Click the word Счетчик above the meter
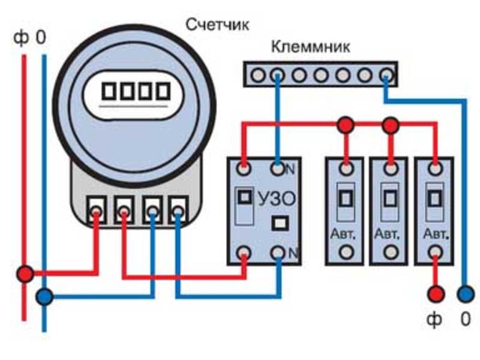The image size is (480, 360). (x=217, y=25)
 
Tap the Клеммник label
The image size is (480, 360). (x=311, y=46)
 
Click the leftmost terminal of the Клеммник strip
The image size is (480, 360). (x=258, y=75)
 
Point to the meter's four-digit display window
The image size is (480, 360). (x=136, y=92)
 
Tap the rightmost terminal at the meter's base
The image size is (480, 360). (x=178, y=211)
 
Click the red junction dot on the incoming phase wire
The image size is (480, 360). (x=25, y=274)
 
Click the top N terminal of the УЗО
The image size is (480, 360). (x=277, y=169)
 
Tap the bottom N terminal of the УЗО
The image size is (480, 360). (x=277, y=252)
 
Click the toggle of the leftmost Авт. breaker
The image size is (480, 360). (x=345, y=198)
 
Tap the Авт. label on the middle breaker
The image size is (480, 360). (x=389, y=232)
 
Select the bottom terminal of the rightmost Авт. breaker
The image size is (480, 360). (x=435, y=252)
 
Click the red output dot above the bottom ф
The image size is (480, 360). (x=435, y=294)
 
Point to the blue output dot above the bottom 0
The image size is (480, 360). (x=465, y=294)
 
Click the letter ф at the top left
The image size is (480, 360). (x=21, y=39)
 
